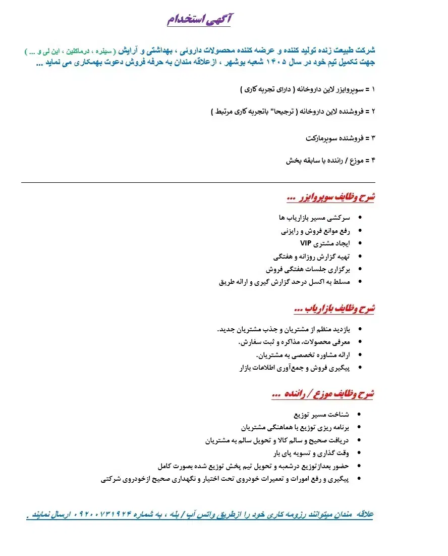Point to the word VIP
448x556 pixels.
pyautogui.click(x=306, y=243)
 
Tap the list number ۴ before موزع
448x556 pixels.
pyautogui.click(x=373, y=161)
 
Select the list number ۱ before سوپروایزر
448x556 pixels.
pyautogui.click(x=373, y=89)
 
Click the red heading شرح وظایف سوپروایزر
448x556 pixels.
pyautogui.click(x=330, y=197)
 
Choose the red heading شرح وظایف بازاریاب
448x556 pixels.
pyautogui.click(x=334, y=308)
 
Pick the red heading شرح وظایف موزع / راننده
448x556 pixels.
pyautogui.click(x=323, y=394)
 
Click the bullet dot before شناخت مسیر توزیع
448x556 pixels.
pyautogui.click(x=359, y=415)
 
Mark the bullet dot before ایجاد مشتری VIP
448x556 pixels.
pyautogui.click(x=359, y=243)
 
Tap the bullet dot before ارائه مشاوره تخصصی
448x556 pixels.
pyautogui.click(x=359, y=355)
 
